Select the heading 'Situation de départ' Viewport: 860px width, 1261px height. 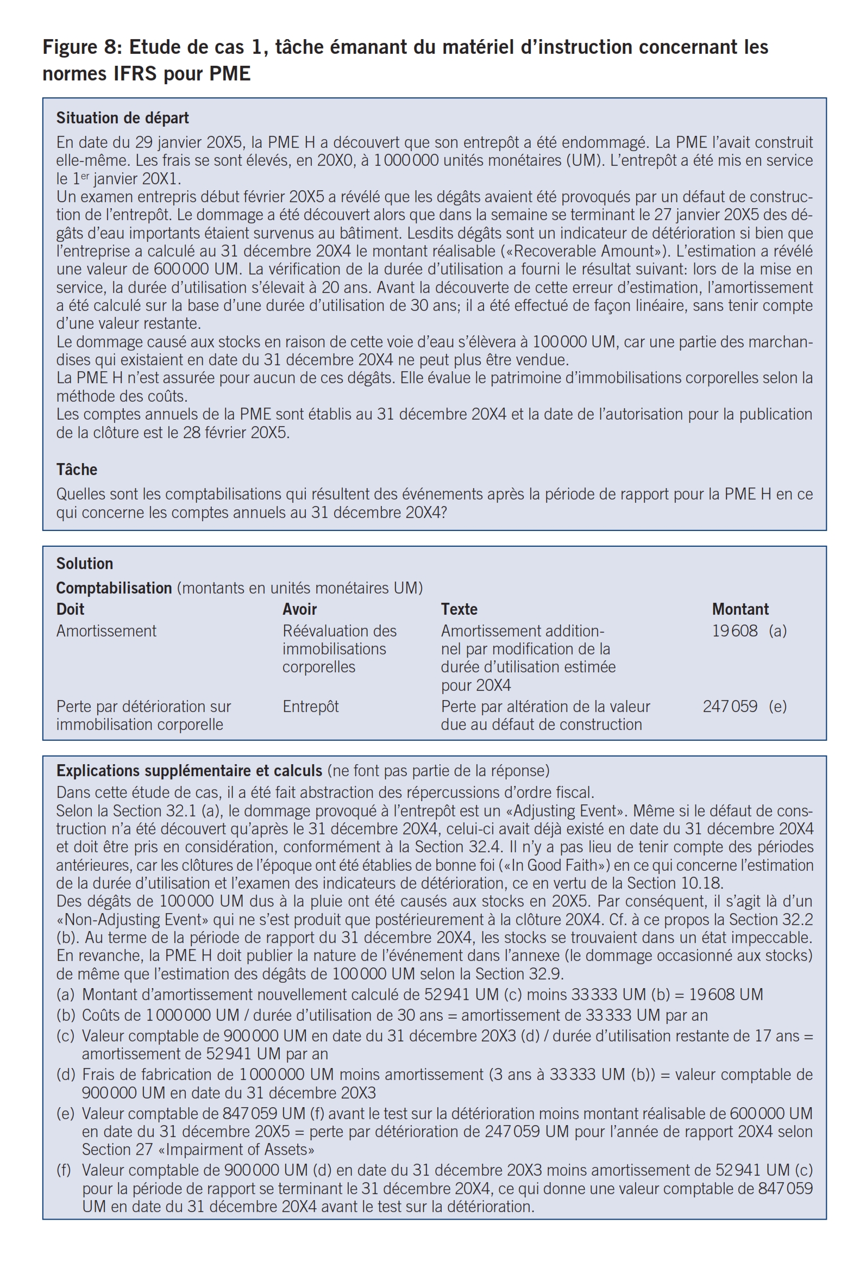click(x=122, y=118)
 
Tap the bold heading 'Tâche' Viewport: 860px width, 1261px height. click(x=77, y=470)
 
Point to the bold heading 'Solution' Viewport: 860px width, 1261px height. click(x=84, y=564)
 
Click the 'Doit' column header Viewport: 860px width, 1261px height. click(x=70, y=609)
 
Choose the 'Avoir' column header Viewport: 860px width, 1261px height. click(x=299, y=609)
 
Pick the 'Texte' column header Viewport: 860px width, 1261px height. click(x=459, y=609)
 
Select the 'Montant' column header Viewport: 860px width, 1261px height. click(x=740, y=609)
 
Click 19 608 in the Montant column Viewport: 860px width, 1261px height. click(x=735, y=631)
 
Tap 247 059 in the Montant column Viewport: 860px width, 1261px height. click(x=730, y=707)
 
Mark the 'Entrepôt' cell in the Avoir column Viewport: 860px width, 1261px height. click(x=310, y=707)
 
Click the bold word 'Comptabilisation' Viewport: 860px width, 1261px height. click(x=114, y=588)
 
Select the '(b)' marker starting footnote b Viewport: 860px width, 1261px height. click(x=65, y=1015)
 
